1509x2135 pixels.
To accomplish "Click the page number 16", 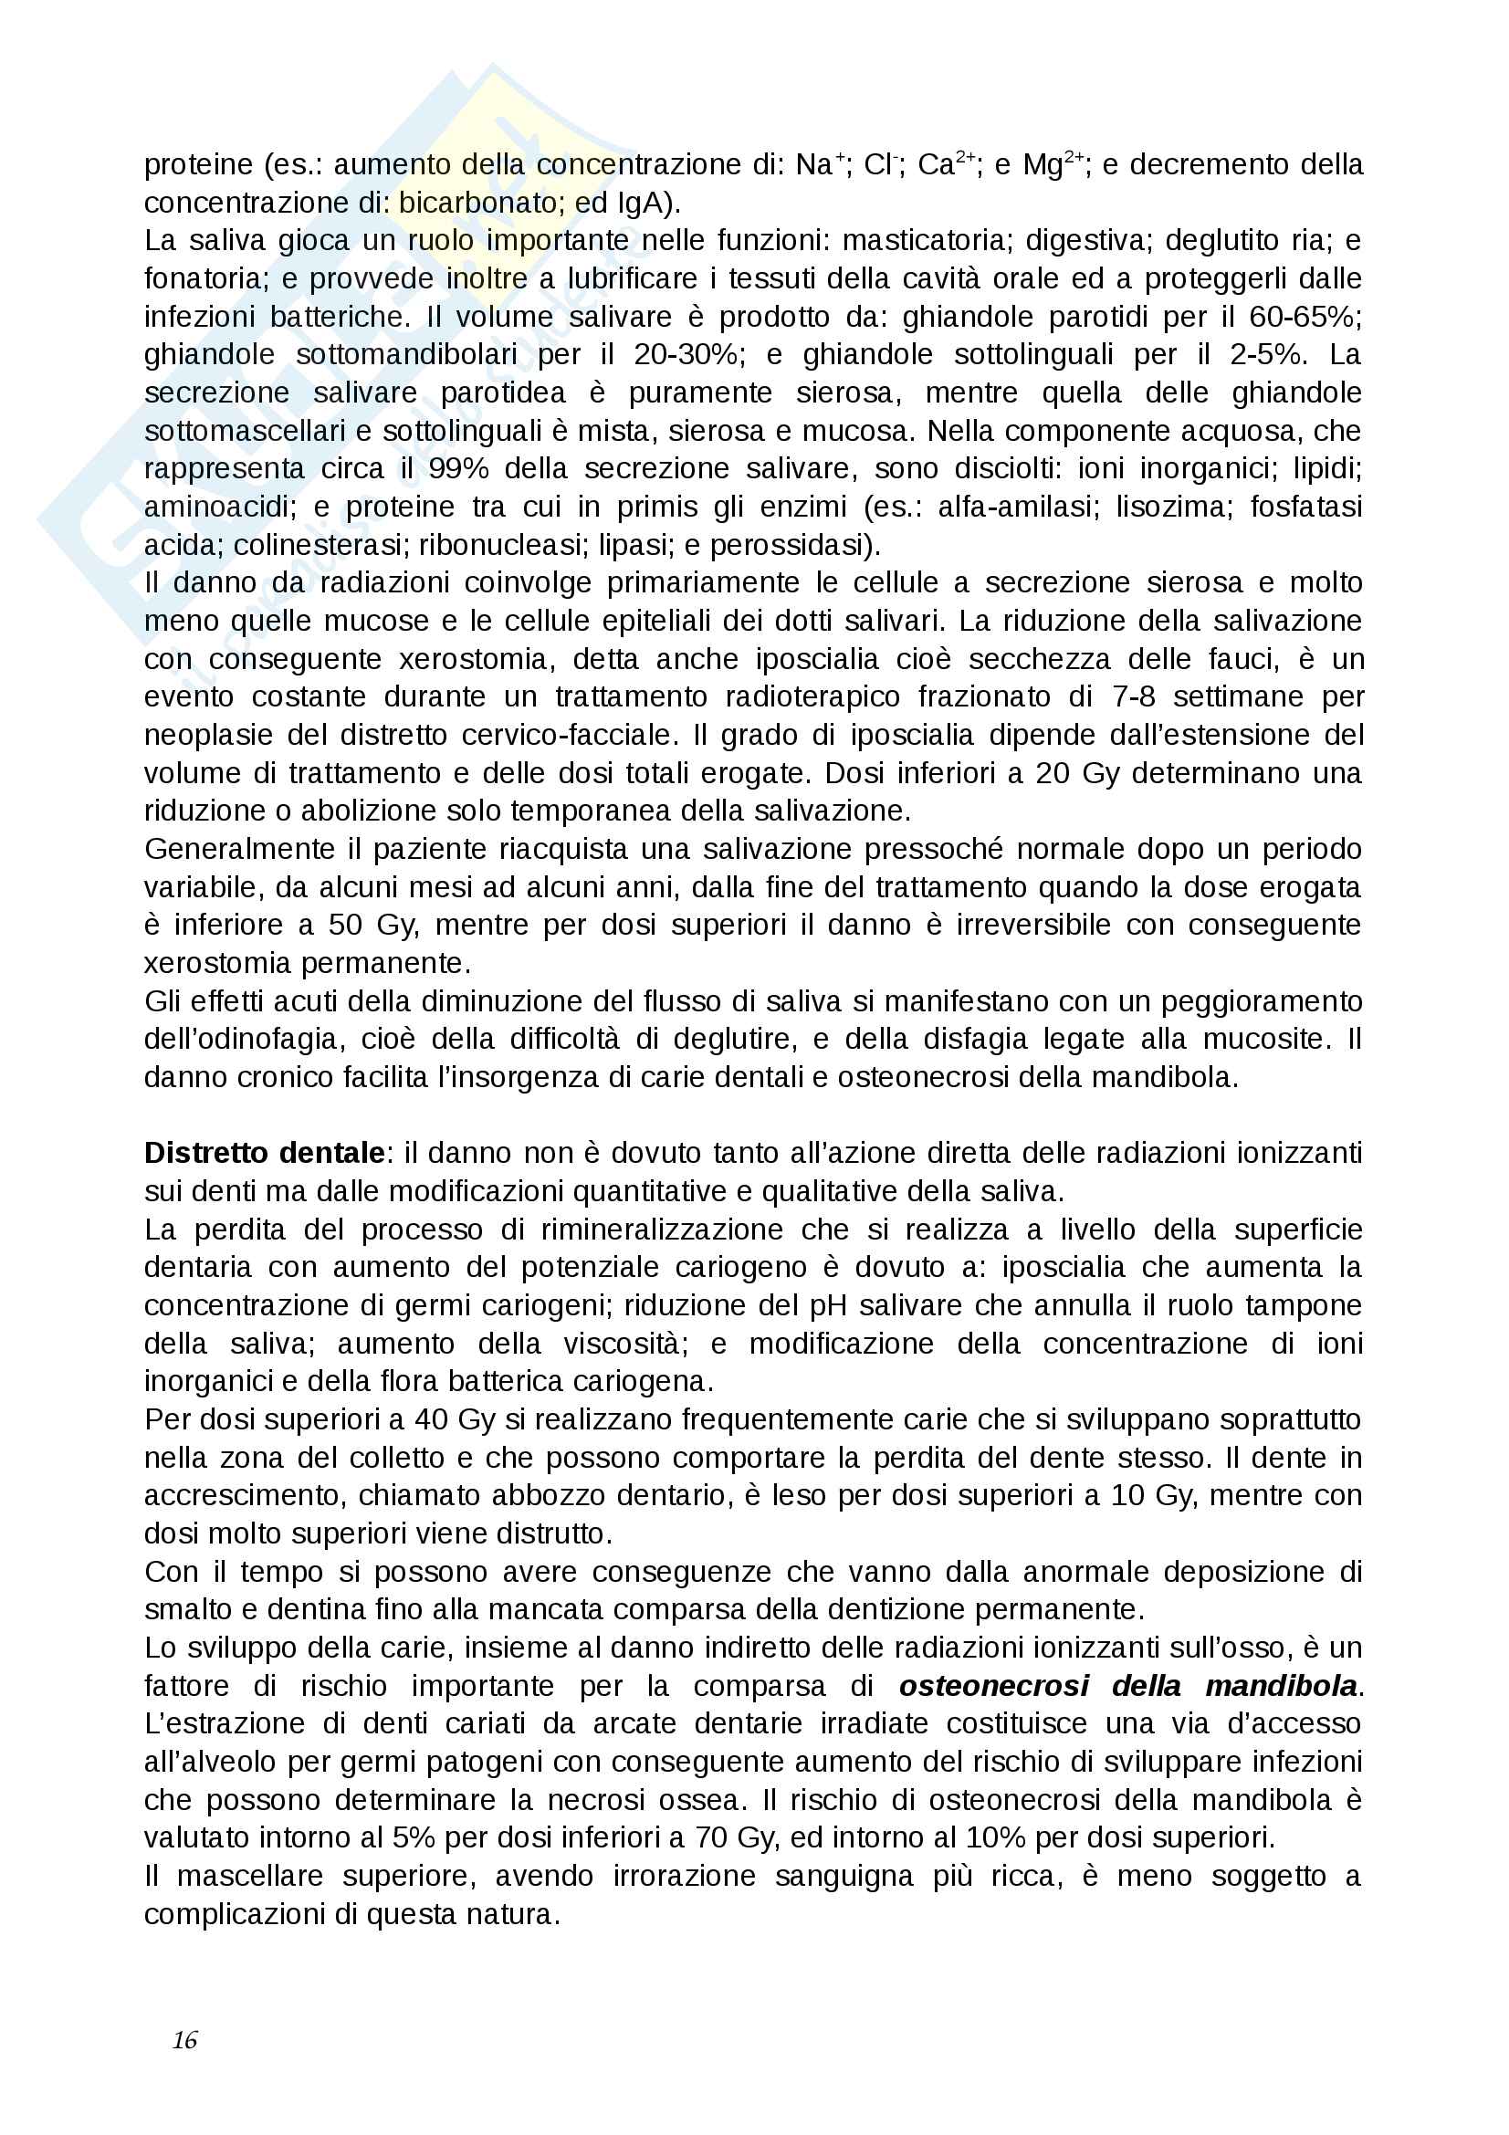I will (x=184, y=2040).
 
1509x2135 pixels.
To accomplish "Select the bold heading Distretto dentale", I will (x=264, y=1153).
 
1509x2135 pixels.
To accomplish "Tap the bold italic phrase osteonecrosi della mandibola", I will (x=1128, y=1686).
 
